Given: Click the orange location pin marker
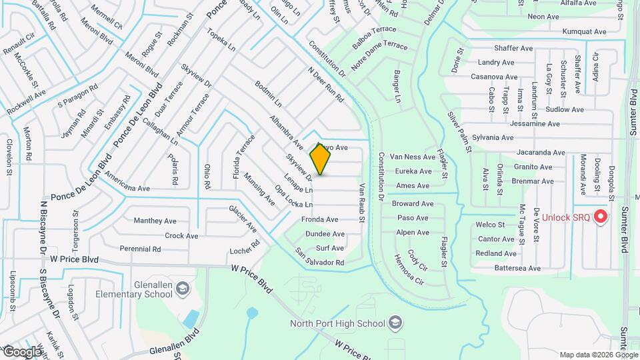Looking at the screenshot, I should tap(320, 159).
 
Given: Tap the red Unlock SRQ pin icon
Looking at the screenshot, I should tap(601, 217).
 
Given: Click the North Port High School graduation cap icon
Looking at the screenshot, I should tap(396, 323).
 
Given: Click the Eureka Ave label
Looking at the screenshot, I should tap(413, 171).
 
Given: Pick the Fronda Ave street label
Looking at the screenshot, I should tap(320, 219).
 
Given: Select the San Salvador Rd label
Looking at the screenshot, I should tap(320, 257).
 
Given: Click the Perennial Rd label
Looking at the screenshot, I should tap(141, 249).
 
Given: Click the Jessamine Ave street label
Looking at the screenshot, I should tap(535, 124).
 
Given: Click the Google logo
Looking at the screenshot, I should tap(22, 351).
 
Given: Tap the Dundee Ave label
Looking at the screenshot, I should tap(325, 234).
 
